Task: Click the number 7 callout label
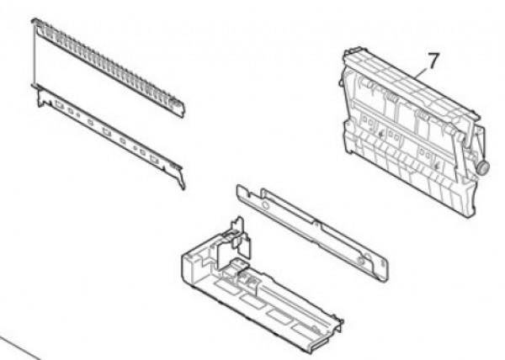coord(433,61)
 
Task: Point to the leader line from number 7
coord(422,74)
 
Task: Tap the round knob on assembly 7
coord(483,167)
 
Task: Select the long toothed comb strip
coord(108,67)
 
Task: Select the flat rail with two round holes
coord(311,232)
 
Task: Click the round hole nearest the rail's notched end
coord(265,204)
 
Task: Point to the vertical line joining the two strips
coord(34,53)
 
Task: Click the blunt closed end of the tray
coord(189,267)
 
